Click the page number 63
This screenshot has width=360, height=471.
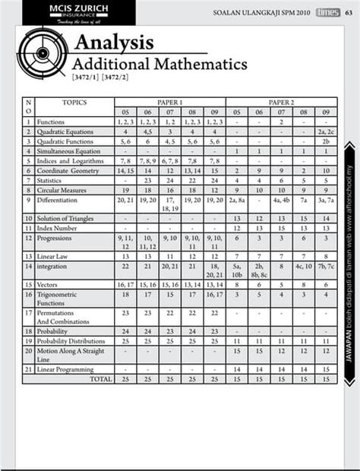tap(351, 12)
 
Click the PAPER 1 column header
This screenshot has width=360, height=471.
tap(169, 102)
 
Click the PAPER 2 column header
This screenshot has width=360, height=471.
tap(281, 102)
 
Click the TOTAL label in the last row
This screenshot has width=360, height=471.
tap(99, 378)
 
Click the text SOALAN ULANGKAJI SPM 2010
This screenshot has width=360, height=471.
tap(261, 12)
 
